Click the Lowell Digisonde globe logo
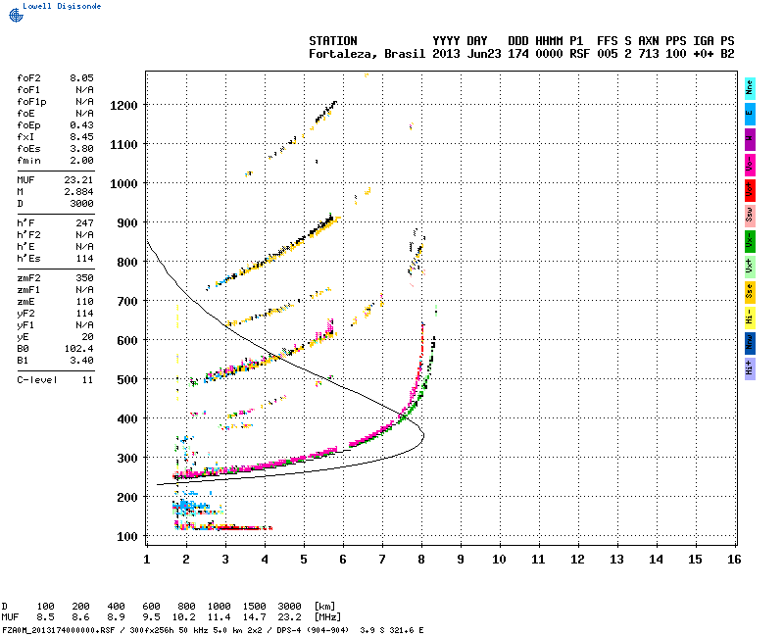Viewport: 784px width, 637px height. click(14, 16)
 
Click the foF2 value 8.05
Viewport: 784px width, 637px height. click(81, 76)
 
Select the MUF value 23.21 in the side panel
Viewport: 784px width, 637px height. click(81, 180)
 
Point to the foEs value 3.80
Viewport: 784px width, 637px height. click(81, 149)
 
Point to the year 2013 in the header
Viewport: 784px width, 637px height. click(447, 54)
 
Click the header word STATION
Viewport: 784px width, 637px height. click(332, 41)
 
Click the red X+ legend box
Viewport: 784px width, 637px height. click(750, 188)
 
